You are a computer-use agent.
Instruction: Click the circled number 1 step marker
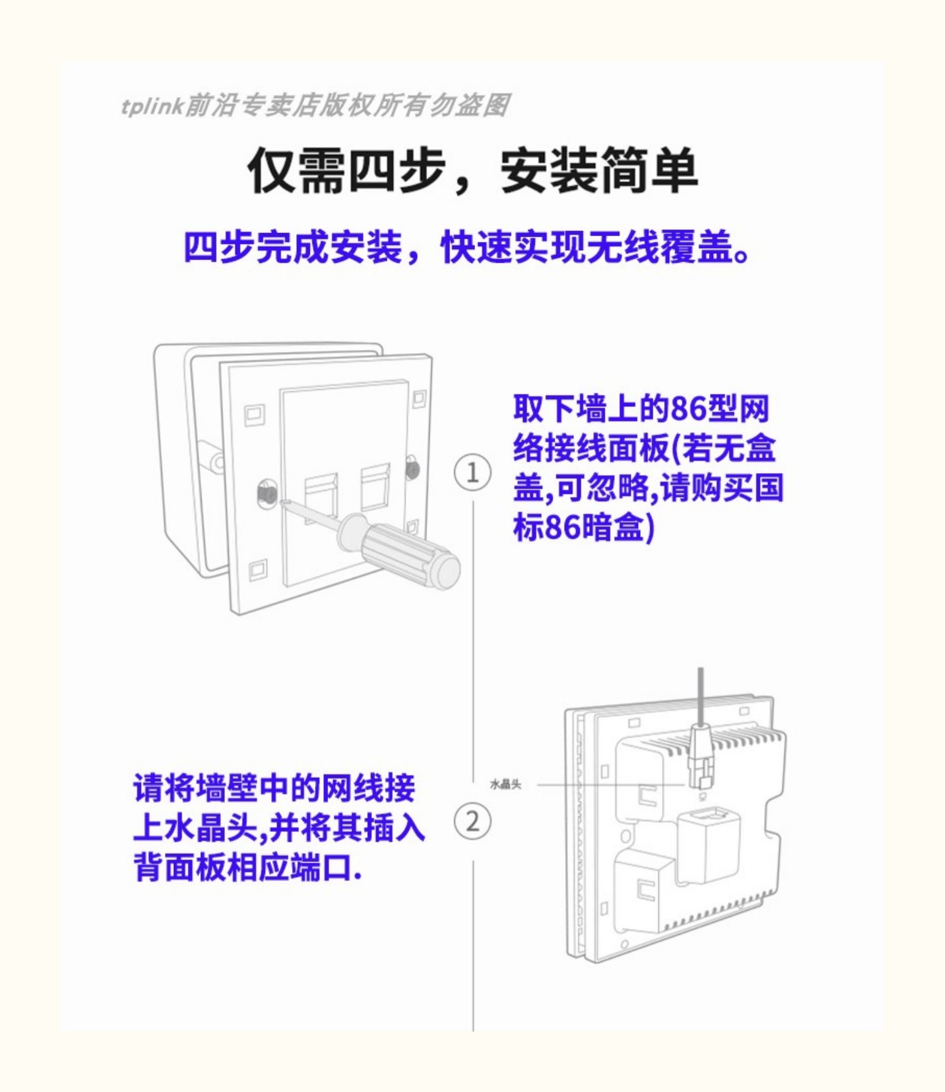(472, 472)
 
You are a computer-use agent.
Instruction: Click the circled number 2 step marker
(472, 822)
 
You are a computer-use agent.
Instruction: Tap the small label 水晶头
(505, 785)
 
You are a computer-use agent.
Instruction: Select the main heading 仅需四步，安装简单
(472, 171)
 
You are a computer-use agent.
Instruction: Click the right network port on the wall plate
(375, 487)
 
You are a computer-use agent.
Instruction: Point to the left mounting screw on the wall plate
(266, 492)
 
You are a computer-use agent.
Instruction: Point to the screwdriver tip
(282, 502)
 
